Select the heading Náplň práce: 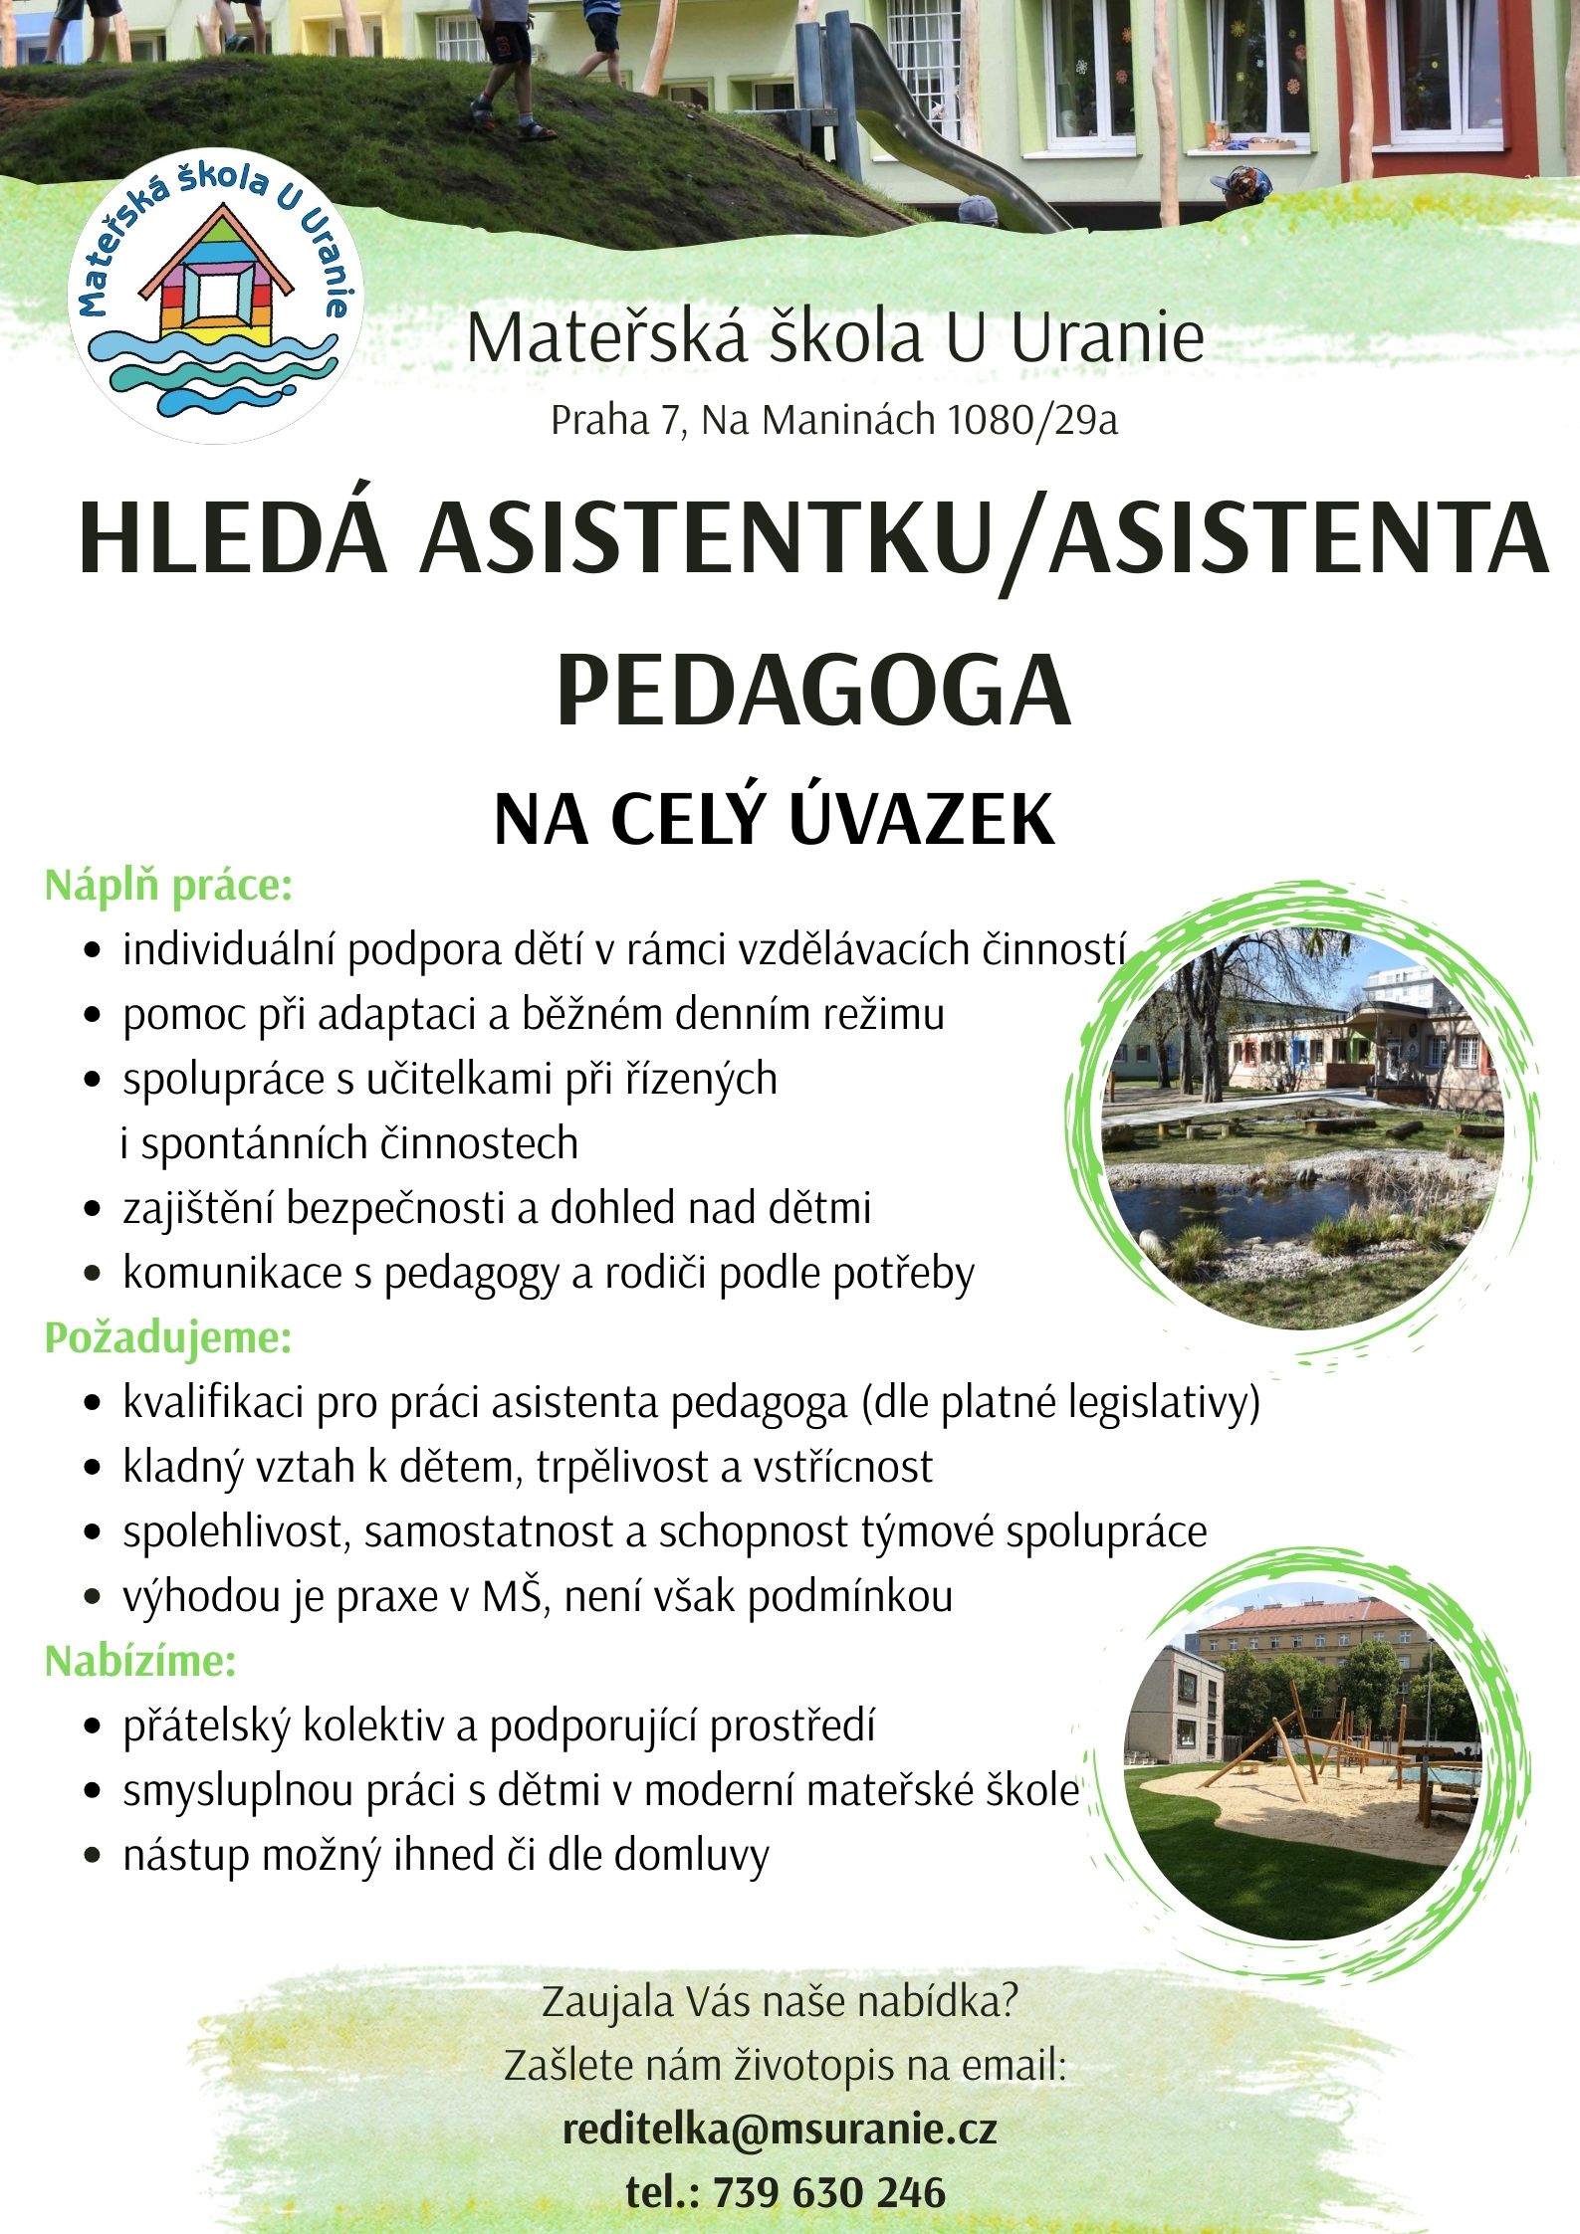(x=168, y=886)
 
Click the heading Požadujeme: (x=168, y=1338)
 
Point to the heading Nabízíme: (x=140, y=1661)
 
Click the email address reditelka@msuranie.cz (x=780, y=2130)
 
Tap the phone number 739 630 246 (x=829, y=2192)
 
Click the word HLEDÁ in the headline (x=233, y=540)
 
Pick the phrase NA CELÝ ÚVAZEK (x=775, y=820)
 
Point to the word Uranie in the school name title (x=1107, y=338)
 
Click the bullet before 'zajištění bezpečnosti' (x=93, y=1210)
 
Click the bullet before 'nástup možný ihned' (x=93, y=1856)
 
